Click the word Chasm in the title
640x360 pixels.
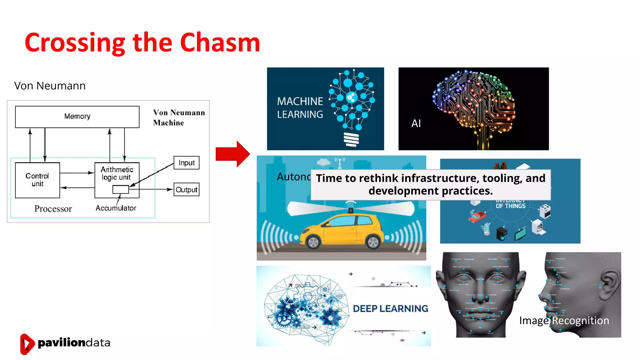pyautogui.click(x=220, y=42)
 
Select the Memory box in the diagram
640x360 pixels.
pyautogui.click(x=77, y=117)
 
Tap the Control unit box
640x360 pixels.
pyautogui.click(x=37, y=180)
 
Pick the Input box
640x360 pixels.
pyautogui.click(x=186, y=163)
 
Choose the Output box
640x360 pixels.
pyautogui.click(x=186, y=190)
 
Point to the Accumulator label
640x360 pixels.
pyautogui.click(x=116, y=208)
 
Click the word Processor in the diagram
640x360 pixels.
pyautogui.click(x=53, y=209)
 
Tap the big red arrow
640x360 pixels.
pyautogui.click(x=232, y=154)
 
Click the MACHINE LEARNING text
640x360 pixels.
pyautogui.click(x=300, y=108)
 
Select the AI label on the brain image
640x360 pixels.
pyautogui.click(x=416, y=123)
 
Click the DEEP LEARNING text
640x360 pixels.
pyautogui.click(x=390, y=309)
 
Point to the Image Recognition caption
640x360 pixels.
pyautogui.click(x=564, y=321)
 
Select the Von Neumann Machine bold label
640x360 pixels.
pyautogui.click(x=178, y=117)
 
